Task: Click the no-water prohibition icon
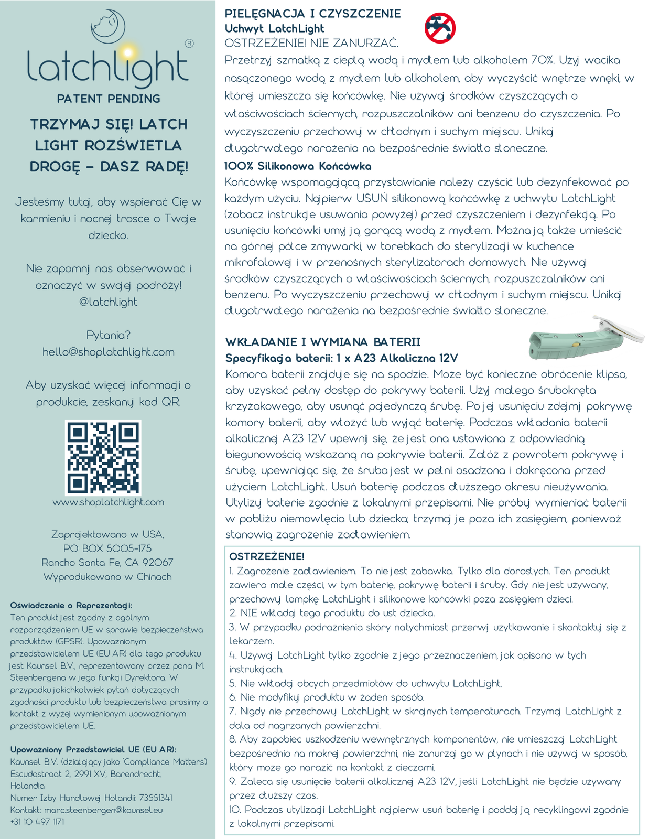pos(439,28)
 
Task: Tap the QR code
pos(103,457)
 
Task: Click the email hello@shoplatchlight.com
pos(109,352)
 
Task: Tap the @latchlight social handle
pos(109,302)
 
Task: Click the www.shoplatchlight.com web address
pos(109,502)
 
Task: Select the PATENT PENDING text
pos(109,99)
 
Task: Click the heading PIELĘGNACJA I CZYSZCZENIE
pos(312,14)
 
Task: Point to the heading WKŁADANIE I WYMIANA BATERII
pos(323,342)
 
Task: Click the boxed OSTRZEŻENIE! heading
pos(267,556)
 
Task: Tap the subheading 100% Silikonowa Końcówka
pos(298,166)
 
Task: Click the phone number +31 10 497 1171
pos(37,822)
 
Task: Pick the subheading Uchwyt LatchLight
pos(274,29)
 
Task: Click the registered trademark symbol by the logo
pos(190,44)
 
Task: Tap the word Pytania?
pos(109,335)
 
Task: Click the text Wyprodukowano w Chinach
pos(107,577)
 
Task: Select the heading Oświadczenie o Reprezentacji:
pos(71,605)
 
